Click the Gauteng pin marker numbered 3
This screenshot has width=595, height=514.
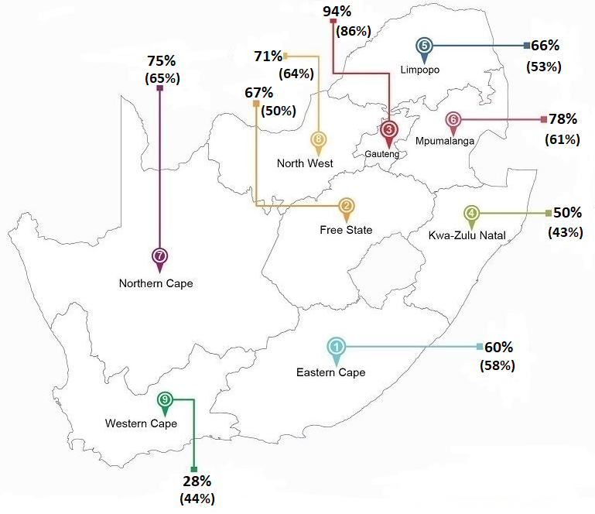tap(389, 131)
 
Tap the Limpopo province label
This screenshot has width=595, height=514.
tap(420, 70)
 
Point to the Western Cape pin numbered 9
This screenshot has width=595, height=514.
tap(165, 401)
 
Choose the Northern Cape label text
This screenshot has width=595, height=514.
tap(156, 283)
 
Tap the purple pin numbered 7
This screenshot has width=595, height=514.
tap(160, 257)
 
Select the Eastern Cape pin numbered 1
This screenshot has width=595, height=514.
tap(337, 348)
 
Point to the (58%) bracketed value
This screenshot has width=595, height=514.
tap(497, 365)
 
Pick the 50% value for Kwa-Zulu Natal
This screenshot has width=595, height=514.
tap(567, 213)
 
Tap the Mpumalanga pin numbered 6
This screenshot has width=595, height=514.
tap(454, 122)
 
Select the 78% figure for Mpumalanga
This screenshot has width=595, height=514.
tap(563, 119)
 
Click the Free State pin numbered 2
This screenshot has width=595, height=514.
tap(347, 207)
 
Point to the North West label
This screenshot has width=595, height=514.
tap(305, 163)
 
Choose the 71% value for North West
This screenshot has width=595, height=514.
tap(268, 56)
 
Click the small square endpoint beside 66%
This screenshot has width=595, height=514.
tap(526, 45)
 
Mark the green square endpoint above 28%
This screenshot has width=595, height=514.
tap(194, 469)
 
